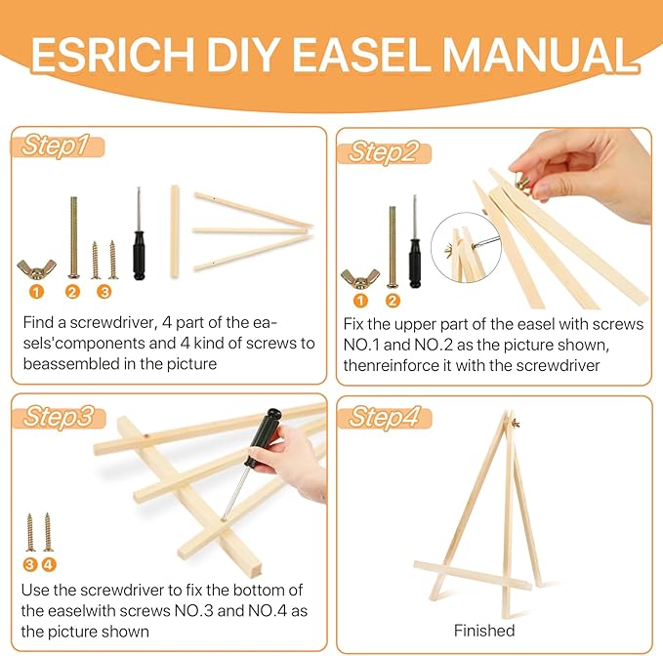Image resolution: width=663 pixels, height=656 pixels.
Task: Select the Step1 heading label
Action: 57,146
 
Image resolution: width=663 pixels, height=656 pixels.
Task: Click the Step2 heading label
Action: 383,151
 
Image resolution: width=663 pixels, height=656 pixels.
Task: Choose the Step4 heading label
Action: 383,417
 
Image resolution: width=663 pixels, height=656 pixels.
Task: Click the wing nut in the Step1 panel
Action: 36,266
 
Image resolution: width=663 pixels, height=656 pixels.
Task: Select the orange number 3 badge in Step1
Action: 104,291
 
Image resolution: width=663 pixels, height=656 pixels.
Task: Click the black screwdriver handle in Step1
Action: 140,253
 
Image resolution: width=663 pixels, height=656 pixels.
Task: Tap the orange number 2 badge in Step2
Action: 393,301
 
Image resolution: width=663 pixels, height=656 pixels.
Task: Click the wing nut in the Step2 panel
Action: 358,277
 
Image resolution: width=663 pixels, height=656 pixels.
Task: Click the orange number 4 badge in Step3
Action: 49,563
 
